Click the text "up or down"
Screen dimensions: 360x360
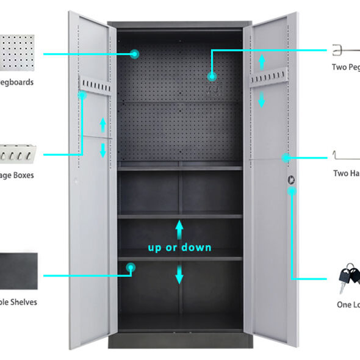[179, 248]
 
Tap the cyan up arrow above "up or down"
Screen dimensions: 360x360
[179, 228]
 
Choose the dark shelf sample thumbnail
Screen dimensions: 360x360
[18, 271]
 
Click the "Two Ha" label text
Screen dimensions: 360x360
[347, 173]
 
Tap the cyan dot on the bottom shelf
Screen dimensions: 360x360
[130, 267]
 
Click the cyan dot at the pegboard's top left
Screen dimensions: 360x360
[135, 54]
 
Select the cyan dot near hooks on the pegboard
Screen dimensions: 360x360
[212, 76]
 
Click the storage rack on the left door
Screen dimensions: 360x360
[95, 84]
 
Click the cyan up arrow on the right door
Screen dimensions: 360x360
[262, 61]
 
